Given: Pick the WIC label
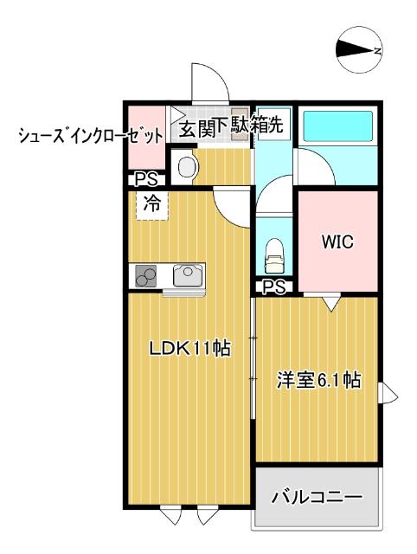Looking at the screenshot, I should coord(337,242).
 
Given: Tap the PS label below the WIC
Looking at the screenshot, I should coord(275,287).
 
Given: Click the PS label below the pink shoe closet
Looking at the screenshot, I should coord(144,180).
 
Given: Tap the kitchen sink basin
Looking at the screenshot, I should coord(186,275).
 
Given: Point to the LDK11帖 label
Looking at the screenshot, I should coord(189,349).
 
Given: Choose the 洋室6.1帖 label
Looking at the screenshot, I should coord(318,379).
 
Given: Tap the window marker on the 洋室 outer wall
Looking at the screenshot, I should coord(388,395).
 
